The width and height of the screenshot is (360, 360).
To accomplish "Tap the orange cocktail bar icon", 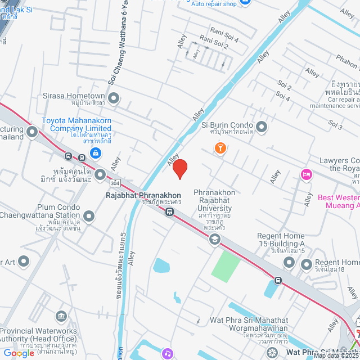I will coord(220,148).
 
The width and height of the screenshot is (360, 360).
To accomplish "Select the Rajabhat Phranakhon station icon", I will coord(169,212).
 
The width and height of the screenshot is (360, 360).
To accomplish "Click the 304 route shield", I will coord(115,183).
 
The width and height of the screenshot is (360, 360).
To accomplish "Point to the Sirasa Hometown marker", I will coord(114,99).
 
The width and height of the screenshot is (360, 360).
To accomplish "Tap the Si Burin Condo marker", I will coord(261,126).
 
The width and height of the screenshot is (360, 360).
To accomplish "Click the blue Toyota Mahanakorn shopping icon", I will coord(96,152).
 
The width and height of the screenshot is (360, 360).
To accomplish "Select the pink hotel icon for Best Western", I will coord(306,174).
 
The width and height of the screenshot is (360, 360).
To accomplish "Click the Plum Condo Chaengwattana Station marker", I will coord(89,215).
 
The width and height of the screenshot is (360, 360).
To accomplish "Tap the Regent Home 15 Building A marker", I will coord(306,263).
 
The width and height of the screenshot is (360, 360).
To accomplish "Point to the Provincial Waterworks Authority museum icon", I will coord(61,316).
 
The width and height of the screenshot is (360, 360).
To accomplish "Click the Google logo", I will coord(19,353).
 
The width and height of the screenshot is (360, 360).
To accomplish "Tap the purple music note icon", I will coord(167,354).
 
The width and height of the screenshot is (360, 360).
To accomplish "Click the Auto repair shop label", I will coord(214,4).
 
